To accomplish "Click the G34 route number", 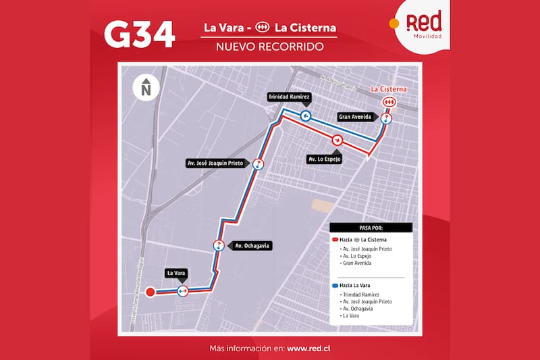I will pos(140,34).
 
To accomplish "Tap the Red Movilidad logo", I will pos(424,24).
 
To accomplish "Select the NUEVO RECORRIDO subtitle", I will pos(269,47).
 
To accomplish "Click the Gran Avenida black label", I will pos(354,117).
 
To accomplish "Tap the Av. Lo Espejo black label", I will pos(324,159).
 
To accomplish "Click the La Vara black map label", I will pos(175,274).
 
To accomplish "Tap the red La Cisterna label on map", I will pos(389,88).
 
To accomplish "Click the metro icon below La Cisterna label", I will pos(389,102).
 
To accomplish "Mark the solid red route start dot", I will pos(150,292).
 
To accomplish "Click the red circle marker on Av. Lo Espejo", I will pos(337,140).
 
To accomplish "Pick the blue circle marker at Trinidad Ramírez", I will pos(305,115).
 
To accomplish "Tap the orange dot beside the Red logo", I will pos(394,22).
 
